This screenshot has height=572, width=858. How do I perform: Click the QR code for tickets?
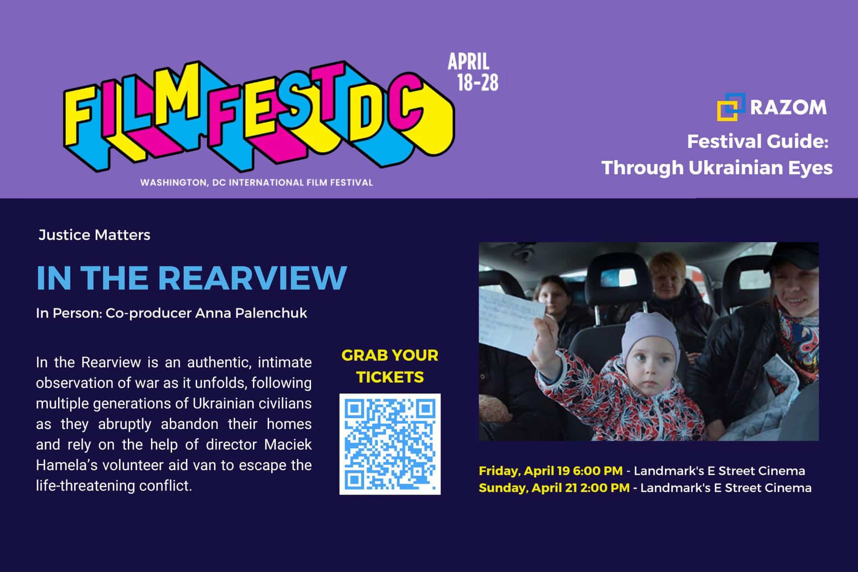tap(390, 444)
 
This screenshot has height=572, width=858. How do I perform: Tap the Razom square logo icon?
tap(731, 107)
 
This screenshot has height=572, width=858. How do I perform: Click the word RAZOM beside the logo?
tap(788, 108)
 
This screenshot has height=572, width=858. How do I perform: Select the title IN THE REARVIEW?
tap(191, 278)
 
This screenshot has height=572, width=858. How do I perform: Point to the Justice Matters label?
tap(94, 235)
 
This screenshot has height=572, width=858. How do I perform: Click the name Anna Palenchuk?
tap(251, 313)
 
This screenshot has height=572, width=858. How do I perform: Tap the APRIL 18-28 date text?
tap(473, 72)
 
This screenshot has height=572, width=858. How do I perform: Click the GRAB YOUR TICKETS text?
tap(390, 366)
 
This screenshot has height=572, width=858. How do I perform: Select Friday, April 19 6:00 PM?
tap(551, 471)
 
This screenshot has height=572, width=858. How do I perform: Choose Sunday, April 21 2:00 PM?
tap(554, 488)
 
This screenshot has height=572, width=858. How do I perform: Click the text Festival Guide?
tap(758, 142)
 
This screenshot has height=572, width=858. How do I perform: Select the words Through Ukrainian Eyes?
tap(717, 168)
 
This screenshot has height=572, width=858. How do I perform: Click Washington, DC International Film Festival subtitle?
tap(257, 182)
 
